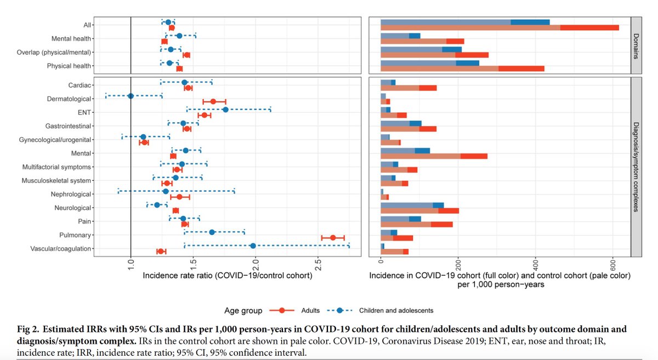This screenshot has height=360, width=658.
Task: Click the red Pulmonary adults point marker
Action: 333,238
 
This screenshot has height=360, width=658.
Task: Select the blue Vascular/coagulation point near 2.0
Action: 253,245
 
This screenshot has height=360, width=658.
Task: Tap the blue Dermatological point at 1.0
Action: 131,96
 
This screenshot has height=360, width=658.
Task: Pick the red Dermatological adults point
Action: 213,101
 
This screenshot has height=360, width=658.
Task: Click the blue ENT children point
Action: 225,110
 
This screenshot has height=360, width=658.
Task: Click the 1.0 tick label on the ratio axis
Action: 131,264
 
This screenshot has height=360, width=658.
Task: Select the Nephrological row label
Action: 71,194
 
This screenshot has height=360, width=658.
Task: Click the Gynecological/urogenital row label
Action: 55,140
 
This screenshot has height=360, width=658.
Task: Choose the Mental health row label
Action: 71,38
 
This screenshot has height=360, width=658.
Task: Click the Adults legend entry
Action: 294,310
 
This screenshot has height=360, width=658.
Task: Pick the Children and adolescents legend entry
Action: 381,310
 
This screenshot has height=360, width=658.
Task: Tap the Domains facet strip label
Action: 636,46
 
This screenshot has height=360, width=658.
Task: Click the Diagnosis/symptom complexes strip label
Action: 636,167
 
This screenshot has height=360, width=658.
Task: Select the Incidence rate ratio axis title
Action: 228,276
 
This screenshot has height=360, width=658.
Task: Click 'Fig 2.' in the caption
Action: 28,329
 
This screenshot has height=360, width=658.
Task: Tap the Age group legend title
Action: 243,311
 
